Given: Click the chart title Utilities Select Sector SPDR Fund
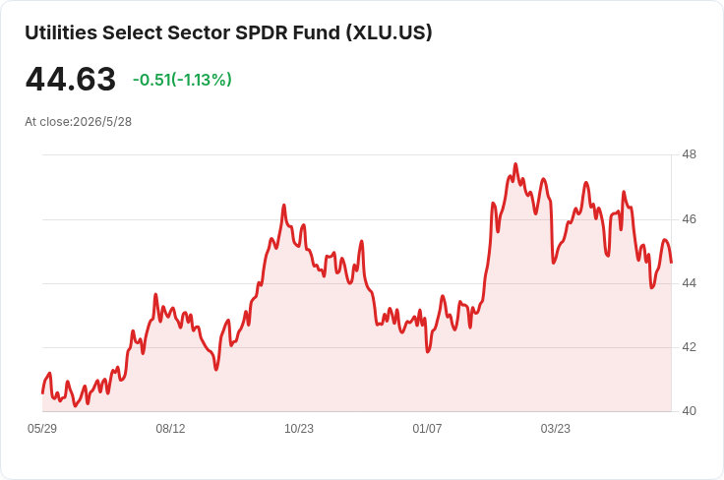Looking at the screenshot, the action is click(182, 32).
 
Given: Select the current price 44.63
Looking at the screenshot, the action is click(70, 79).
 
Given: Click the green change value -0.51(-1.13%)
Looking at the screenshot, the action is click(182, 80).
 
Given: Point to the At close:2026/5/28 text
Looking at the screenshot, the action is click(78, 122).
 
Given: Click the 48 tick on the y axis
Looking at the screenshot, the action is click(689, 154).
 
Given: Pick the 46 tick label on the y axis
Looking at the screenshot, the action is click(689, 219).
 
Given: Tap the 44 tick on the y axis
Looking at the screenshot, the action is click(689, 283).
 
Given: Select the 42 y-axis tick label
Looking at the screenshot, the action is click(689, 347).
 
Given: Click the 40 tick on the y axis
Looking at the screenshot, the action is click(689, 411).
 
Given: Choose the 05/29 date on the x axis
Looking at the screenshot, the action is click(42, 429).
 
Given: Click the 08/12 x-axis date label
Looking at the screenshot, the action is click(170, 429).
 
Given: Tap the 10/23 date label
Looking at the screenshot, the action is click(299, 429).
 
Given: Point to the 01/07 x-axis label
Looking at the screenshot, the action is click(427, 429).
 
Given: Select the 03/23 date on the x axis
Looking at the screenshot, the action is click(556, 429).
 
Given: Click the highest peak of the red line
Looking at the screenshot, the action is click(515, 164).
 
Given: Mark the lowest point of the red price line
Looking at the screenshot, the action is click(76, 406).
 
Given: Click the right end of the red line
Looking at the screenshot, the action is click(671, 263).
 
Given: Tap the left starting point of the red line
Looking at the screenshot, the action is click(42, 393).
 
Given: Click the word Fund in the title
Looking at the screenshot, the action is click(317, 32).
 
